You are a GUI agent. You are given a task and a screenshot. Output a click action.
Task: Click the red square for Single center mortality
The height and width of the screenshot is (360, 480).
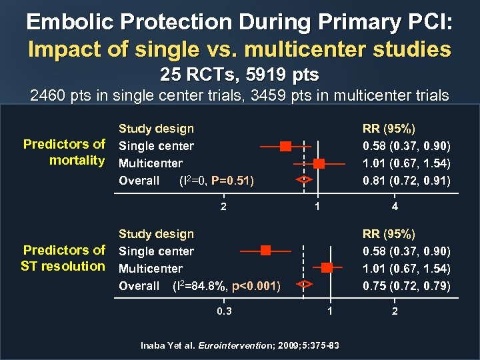tap(285, 145)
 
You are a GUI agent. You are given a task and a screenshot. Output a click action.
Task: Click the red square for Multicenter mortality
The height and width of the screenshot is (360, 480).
tap(319, 163)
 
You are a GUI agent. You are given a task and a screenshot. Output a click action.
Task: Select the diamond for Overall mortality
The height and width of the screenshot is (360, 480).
tap(304, 179)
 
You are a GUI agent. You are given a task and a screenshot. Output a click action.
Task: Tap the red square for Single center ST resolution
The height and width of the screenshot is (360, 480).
tap(265, 251)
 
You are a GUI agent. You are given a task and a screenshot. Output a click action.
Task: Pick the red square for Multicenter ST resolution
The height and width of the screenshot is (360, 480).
tap(327, 267)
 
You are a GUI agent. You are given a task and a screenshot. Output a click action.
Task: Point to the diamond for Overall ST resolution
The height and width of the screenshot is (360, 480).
tap(304, 285)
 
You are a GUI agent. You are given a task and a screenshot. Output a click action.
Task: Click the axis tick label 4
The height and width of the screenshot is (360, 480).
tap(395, 207)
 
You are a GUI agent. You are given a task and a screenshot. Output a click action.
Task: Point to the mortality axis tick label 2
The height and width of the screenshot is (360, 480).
tap(223, 207)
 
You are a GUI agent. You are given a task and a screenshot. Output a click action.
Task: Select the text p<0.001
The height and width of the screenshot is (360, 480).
tap(255, 286)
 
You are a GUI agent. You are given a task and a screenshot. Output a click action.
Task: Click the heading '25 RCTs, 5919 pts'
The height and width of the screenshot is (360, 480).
tap(239, 74)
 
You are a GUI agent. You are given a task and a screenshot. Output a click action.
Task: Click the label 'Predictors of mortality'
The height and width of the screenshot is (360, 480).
tap(64, 152)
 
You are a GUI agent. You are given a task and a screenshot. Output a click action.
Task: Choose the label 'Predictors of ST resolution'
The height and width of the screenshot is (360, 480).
tap(64, 258)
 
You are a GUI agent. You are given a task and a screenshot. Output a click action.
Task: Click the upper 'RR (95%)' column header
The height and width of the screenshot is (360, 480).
tap(388, 129)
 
